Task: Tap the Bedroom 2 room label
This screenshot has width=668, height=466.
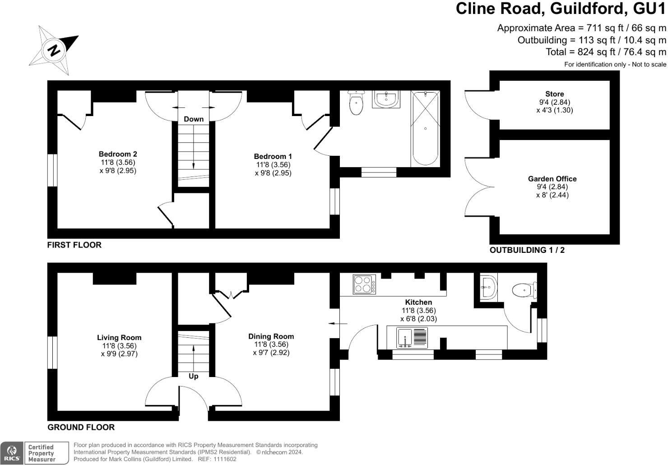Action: pyautogui.click(x=118, y=154)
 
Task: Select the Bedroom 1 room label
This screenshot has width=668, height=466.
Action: pyautogui.click(x=273, y=157)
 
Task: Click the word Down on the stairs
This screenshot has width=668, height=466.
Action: pyautogui.click(x=194, y=119)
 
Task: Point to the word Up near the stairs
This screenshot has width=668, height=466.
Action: pyautogui.click(x=193, y=376)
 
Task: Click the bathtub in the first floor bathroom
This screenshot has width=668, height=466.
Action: pyautogui.click(x=425, y=128)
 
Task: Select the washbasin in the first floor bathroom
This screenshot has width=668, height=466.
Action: pyautogui.click(x=386, y=99)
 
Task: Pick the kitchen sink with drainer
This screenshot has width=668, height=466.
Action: pyautogui.click(x=412, y=338)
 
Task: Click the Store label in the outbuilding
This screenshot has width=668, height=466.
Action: pyautogui.click(x=554, y=94)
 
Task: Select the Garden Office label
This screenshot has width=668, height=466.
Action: pyautogui.click(x=552, y=179)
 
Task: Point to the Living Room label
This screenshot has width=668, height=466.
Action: pyautogui.click(x=119, y=338)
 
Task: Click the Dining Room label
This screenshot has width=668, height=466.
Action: pyautogui.click(x=271, y=336)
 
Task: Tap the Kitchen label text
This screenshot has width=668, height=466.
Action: pyautogui.click(x=418, y=302)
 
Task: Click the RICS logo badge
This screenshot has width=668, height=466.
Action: pyautogui.click(x=12, y=453)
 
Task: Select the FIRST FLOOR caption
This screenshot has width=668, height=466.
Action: pyautogui.click(x=74, y=245)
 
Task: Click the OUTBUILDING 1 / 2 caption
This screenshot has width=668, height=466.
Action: pyautogui.click(x=527, y=250)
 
